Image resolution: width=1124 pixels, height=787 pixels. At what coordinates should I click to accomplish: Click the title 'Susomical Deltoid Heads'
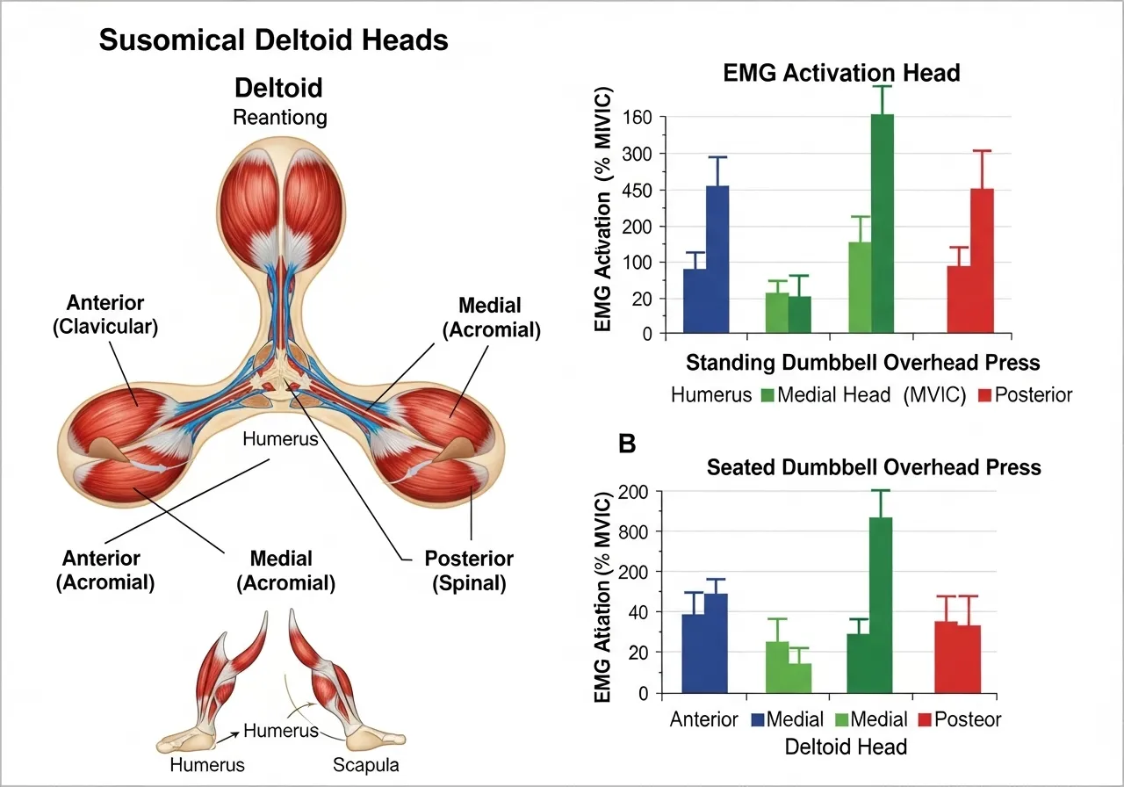273,40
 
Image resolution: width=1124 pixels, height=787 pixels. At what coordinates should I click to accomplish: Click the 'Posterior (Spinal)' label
469,570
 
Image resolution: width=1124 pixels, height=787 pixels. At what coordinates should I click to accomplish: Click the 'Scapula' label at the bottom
365,764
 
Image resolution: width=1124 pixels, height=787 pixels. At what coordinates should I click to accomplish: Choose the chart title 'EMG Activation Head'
841,73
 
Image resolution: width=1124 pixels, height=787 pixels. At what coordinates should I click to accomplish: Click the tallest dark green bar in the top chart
882,223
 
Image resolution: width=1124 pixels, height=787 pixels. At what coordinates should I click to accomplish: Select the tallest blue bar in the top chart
717,259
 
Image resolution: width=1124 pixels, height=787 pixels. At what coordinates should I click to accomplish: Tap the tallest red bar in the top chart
982,261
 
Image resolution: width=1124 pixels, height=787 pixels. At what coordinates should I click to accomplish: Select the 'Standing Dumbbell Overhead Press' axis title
862,363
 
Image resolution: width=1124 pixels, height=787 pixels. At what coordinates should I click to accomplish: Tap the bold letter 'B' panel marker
628,444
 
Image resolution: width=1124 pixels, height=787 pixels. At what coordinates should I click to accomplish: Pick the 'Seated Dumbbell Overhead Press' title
874,467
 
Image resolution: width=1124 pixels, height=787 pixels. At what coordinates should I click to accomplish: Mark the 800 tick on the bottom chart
637,531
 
